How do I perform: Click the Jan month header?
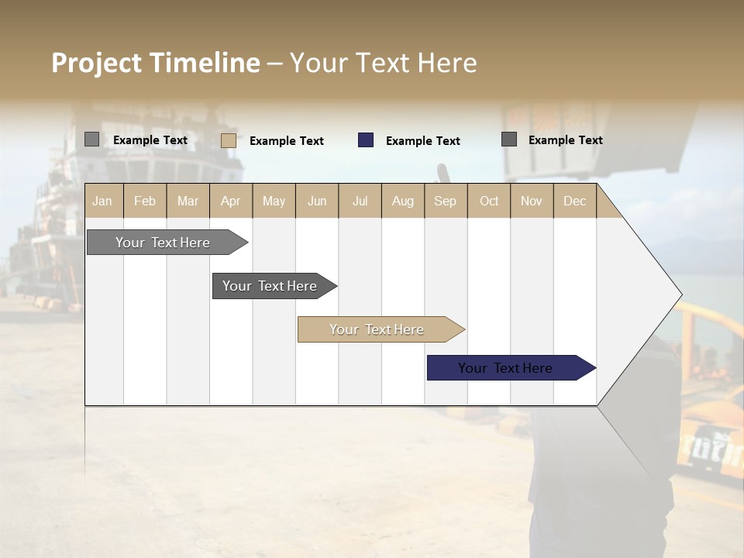[102, 201]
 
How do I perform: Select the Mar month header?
[188, 201]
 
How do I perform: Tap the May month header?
[274, 201]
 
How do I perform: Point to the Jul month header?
[360, 201]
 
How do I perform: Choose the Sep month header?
[445, 201]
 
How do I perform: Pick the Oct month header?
[489, 201]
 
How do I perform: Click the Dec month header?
[574, 201]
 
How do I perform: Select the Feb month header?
[145, 201]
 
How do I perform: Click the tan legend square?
[229, 140]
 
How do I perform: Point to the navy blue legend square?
[366, 140]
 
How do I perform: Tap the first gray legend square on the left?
[91, 139]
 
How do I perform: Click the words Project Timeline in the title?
[156, 63]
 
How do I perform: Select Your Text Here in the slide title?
[384, 63]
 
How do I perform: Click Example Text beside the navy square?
[423, 141]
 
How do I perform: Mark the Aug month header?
[402, 201]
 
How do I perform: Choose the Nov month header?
[532, 201]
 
